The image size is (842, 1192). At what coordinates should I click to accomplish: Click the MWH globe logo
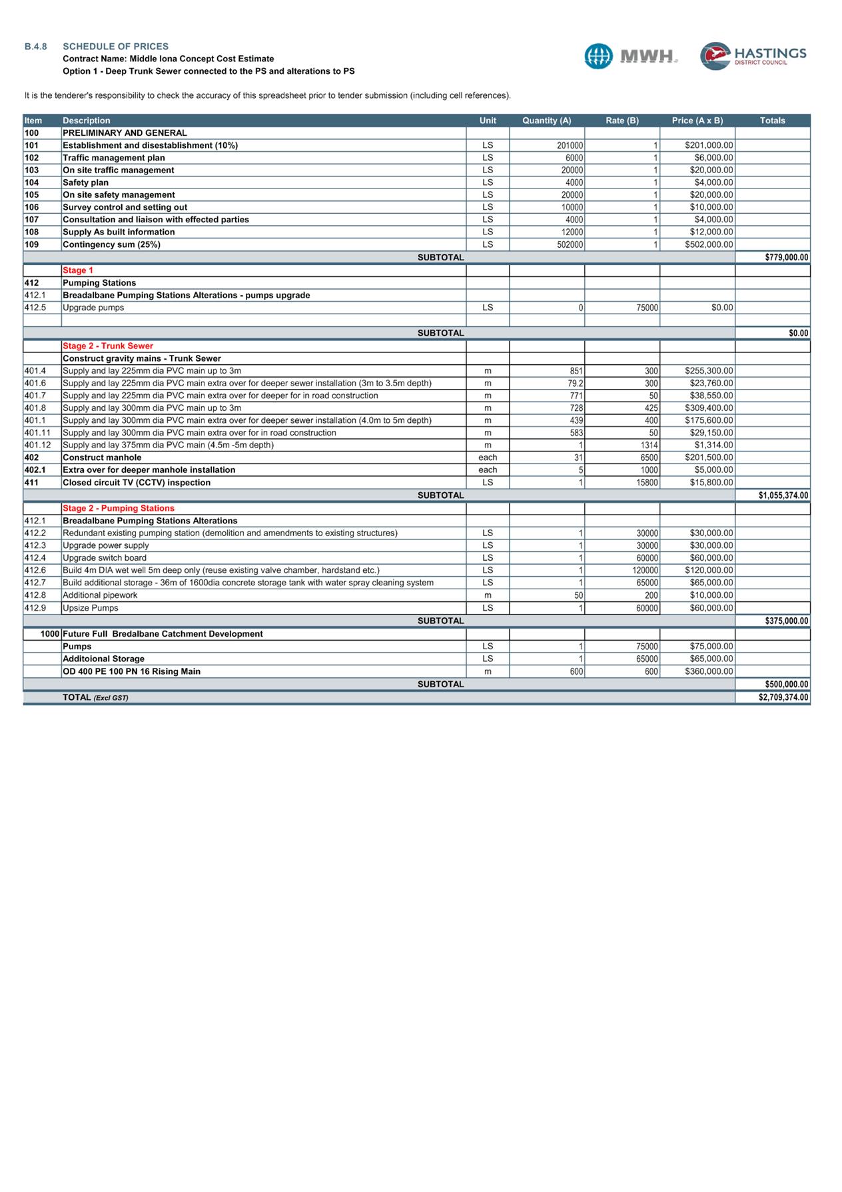pyautogui.click(x=598, y=56)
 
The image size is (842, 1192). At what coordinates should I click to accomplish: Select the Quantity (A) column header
pyautogui.click(x=546, y=121)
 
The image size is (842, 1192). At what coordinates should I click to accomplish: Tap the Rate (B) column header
pyautogui.click(x=622, y=121)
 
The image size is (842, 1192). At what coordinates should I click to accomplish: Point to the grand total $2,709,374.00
pyautogui.click(x=783, y=697)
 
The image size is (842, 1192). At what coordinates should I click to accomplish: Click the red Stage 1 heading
pyautogui.click(x=78, y=270)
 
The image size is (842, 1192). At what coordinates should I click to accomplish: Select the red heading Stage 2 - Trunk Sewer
pyautogui.click(x=108, y=346)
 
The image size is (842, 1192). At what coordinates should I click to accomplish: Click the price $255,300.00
pyautogui.click(x=709, y=371)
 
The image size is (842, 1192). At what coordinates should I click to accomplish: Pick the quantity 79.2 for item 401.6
pyautogui.click(x=575, y=384)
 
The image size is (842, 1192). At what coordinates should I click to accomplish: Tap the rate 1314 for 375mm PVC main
pyautogui.click(x=649, y=445)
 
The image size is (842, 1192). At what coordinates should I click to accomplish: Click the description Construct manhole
pyautogui.click(x=102, y=457)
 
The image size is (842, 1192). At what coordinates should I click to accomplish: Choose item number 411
pyautogui.click(x=31, y=483)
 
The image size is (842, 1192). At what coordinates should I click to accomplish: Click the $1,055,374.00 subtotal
pyautogui.click(x=783, y=495)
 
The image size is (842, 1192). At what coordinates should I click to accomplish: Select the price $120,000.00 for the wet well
pyautogui.click(x=709, y=571)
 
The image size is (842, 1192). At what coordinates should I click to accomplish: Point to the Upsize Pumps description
pyautogui.click(x=91, y=608)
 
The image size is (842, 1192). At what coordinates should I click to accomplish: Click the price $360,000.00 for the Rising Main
pyautogui.click(x=709, y=672)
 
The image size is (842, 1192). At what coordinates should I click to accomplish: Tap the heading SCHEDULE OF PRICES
pyautogui.click(x=115, y=47)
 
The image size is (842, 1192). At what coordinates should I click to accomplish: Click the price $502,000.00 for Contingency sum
pyautogui.click(x=709, y=245)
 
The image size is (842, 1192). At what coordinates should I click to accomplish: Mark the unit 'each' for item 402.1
pyautogui.click(x=488, y=470)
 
